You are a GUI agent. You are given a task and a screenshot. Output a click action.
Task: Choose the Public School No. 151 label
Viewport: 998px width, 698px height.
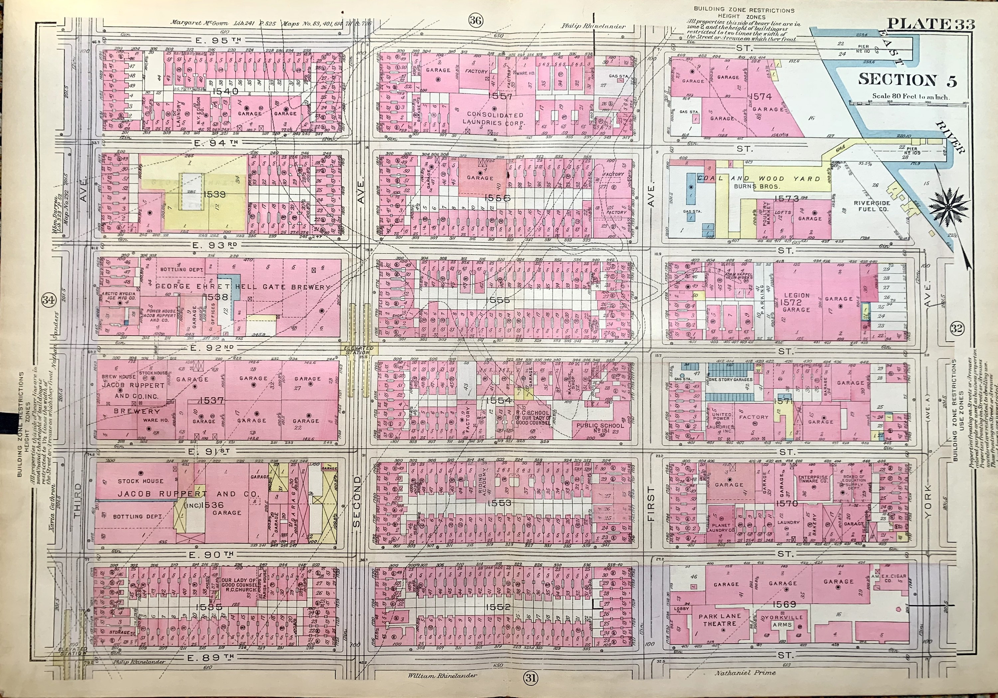pyautogui.click(x=600, y=429)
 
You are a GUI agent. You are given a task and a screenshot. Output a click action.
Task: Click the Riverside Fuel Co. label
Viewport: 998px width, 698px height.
pyautogui.click(x=872, y=206)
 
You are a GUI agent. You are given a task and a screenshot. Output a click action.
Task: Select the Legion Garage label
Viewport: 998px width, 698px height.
pyautogui.click(x=796, y=302)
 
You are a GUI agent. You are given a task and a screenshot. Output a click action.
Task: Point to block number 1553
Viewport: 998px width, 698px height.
pyautogui.click(x=499, y=503)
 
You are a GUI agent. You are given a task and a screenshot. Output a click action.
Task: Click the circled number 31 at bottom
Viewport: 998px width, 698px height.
pyautogui.click(x=530, y=678)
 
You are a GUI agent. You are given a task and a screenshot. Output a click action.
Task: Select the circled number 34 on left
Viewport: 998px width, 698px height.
pyautogui.click(x=48, y=300)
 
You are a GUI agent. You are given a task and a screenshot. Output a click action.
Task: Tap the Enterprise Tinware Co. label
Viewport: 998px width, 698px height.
pyautogui.click(x=812, y=479)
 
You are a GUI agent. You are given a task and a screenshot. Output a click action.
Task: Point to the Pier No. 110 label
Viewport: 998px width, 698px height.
pyautogui.click(x=863, y=49)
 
